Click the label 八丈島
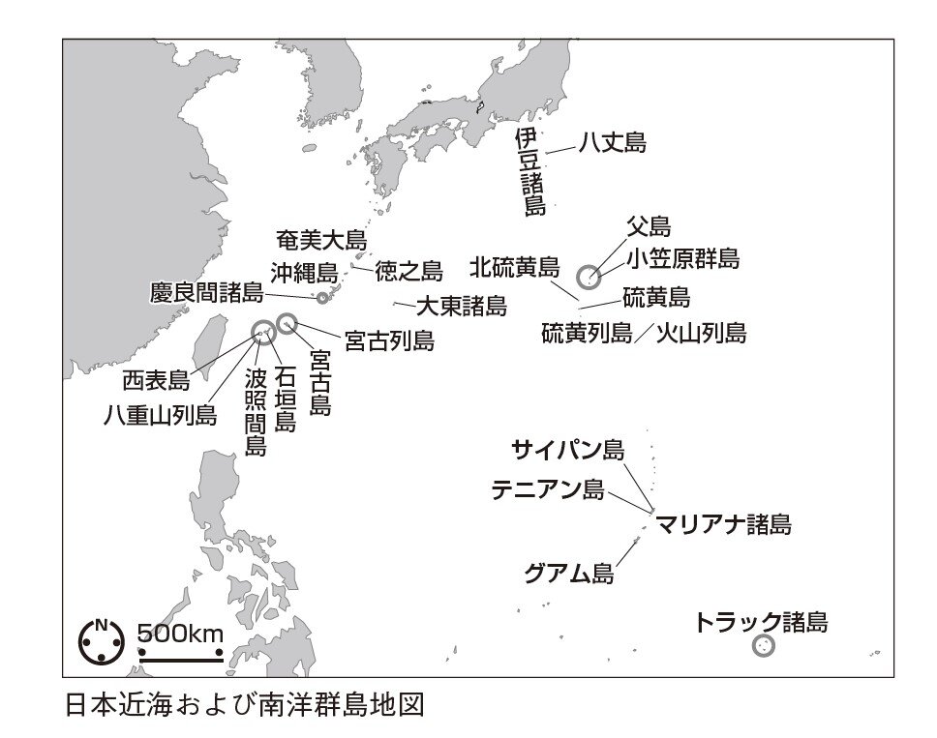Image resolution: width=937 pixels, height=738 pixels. coord(612,144)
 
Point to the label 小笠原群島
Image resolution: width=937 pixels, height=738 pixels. coord(683,259)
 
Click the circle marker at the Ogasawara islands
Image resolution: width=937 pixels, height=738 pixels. coord(589,278)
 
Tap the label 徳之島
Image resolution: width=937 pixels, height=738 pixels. coord(408,272)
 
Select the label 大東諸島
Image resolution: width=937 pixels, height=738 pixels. coord(461,307)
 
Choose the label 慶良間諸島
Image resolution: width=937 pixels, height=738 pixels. coord(207,291)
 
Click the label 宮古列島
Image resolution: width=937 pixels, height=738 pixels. coord(389,340)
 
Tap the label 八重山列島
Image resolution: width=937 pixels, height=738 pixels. coord(161,416)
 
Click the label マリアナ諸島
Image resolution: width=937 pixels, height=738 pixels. coord(723,525)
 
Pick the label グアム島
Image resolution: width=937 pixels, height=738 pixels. coord(569,573)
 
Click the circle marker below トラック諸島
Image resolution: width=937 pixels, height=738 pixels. coord(764,646)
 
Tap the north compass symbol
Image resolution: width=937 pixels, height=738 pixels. coord(101,640)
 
